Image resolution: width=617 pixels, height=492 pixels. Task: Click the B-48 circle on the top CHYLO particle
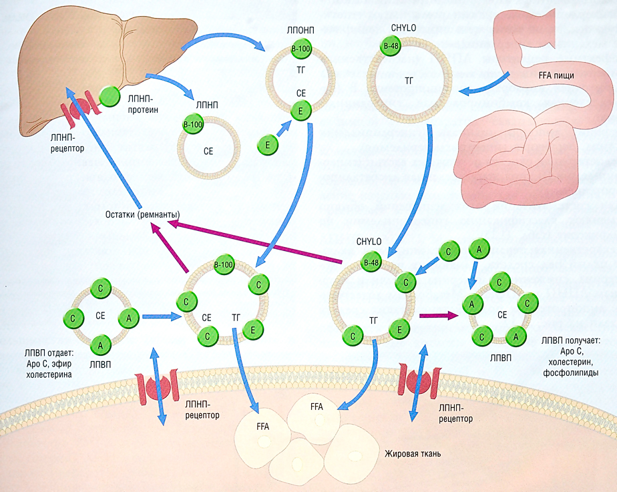pos(391,46)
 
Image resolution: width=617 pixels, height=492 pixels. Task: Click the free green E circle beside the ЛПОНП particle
pos(268,144)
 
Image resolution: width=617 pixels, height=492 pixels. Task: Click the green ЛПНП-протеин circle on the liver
pos(109,97)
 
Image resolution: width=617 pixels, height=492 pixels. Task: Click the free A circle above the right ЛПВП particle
pos(478,249)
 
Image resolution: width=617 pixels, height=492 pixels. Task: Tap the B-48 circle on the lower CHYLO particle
pos(372,263)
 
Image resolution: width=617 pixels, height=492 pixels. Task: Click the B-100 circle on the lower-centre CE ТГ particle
pos(223,265)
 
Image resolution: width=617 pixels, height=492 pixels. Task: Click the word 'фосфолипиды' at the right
pos(574,372)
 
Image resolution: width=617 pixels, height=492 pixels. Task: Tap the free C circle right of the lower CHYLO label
pos(449,252)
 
